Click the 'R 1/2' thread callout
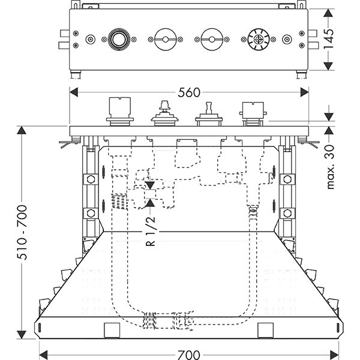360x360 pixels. (150, 230)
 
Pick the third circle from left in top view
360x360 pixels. (212, 40)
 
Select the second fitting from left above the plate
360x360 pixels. (163, 113)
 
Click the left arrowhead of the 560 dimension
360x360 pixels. (74, 91)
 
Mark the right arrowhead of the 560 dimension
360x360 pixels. (306, 91)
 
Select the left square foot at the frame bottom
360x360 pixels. (111, 330)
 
